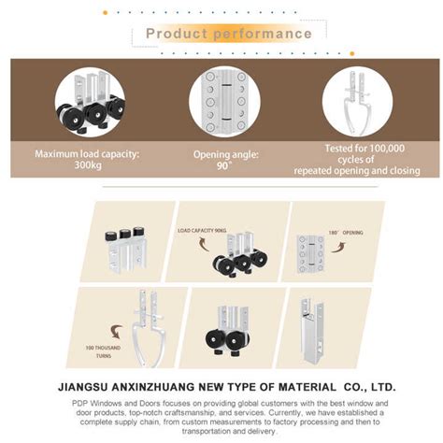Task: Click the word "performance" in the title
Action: click(x=263, y=35)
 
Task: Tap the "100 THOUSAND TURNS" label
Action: click(x=103, y=352)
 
